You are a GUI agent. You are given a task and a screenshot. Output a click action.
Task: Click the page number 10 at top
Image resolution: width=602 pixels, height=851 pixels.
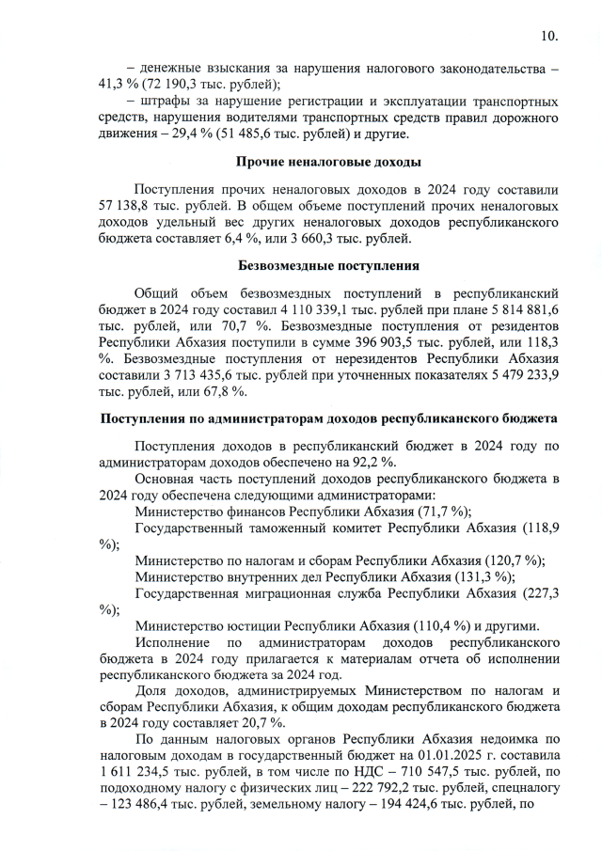549,37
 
